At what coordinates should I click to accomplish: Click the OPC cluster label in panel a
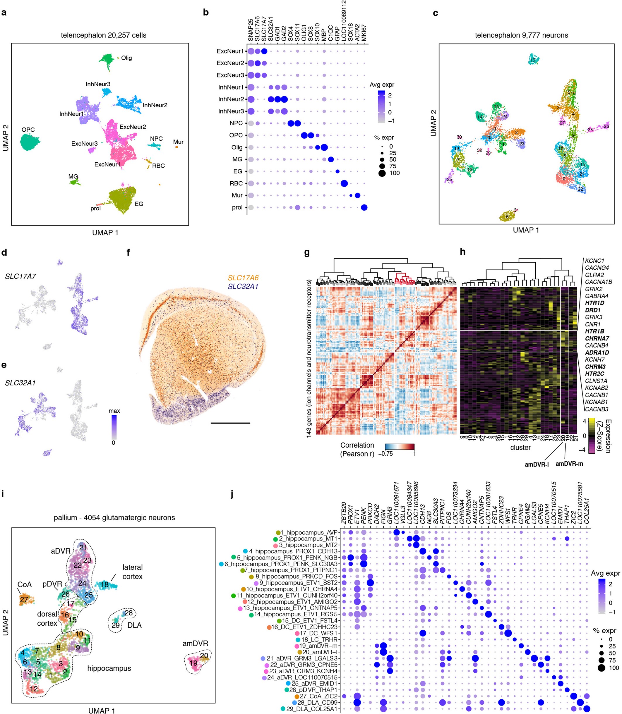click(28, 130)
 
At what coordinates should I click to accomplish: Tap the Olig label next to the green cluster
click(126, 58)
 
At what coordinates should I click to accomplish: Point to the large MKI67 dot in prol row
click(364, 207)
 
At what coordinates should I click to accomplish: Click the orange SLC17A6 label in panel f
click(243, 278)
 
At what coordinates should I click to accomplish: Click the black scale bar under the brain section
click(230, 423)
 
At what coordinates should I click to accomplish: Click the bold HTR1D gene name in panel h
click(594, 303)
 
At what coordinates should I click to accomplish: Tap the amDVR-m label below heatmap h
click(569, 464)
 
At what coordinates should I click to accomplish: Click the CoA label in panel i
click(24, 585)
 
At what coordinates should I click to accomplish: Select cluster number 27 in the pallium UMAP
click(24, 599)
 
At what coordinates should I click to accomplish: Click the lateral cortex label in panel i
click(132, 572)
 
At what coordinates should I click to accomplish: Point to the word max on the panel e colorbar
click(114, 411)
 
